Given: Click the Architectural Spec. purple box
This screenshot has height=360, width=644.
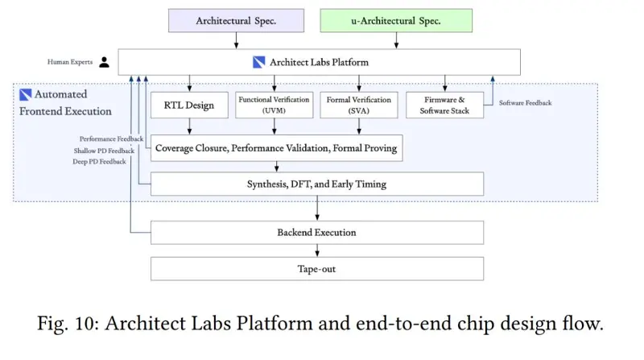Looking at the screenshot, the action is [236, 21].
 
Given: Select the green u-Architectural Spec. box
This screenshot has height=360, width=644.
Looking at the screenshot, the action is [396, 21].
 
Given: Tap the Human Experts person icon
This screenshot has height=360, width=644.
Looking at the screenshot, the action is [105, 62].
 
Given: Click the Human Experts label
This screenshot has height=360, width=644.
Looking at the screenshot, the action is [70, 62].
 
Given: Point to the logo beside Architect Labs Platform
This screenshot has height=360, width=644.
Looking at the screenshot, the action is [258, 62].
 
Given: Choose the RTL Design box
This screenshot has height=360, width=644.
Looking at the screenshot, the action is [189, 106].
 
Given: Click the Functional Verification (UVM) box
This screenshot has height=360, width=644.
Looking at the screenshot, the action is [275, 106].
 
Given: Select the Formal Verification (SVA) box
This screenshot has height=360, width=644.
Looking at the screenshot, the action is [359, 106].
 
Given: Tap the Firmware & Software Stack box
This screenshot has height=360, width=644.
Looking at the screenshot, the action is [445, 106].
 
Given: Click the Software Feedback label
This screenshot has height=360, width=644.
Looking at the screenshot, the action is [526, 103].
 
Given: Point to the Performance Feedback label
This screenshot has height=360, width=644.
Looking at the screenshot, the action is [111, 139].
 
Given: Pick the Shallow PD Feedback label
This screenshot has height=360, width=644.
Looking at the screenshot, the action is [104, 151].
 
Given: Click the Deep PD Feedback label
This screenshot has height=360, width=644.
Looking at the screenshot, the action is [99, 162].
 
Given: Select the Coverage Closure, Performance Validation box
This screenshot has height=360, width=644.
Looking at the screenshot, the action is [276, 148].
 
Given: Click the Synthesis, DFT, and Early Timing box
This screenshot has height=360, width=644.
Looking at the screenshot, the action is [317, 184].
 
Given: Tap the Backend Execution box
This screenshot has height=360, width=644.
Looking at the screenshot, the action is [317, 233].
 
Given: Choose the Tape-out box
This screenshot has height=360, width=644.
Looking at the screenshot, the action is [317, 269].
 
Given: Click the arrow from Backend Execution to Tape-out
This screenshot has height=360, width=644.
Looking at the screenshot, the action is [317, 250].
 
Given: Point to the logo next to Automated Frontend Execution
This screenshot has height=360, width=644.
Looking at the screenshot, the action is [26, 94].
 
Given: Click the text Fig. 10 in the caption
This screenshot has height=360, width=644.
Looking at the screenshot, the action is [68, 324].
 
